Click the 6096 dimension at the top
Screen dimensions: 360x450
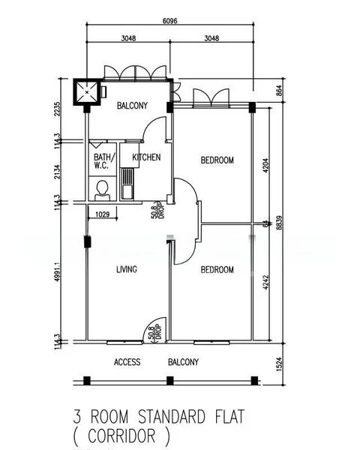170,21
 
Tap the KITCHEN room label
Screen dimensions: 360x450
146,157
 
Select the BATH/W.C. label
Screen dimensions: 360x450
104,161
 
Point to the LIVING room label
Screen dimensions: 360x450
127,269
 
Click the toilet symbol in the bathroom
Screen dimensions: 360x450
103,190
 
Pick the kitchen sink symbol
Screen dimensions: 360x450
127,184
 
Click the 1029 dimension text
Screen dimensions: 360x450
103,214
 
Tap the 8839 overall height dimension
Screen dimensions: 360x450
279,223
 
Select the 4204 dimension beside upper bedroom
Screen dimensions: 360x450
265,165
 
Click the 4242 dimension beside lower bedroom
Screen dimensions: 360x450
265,283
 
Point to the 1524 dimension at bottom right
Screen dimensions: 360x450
279,364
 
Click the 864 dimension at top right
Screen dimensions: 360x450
279,91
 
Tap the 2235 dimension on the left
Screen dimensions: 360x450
58,109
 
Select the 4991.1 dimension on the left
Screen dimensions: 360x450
58,271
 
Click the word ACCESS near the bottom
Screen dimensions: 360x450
127,362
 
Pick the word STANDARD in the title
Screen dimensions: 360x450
172,416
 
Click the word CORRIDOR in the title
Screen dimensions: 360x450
121,436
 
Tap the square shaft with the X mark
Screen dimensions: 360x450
87,92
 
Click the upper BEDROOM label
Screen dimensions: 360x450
217,160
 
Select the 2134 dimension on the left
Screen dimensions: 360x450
58,172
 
